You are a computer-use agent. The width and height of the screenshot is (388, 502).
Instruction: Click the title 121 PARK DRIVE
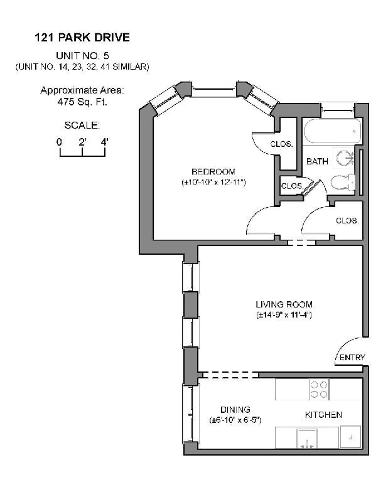[82, 38]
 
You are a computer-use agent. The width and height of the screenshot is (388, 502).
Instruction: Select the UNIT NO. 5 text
[82, 55]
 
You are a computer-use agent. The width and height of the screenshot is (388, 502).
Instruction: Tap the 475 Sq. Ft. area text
[82, 101]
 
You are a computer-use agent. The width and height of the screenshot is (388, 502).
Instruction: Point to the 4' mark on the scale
[104, 142]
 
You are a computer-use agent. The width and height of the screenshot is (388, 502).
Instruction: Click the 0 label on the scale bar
[59, 142]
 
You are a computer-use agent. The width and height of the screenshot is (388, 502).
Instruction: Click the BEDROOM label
[213, 172]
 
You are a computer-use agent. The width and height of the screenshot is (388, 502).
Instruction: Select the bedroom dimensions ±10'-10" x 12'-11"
[213, 182]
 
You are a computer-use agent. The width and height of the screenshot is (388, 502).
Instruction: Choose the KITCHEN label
[323, 415]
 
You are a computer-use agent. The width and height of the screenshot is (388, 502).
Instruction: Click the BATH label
[317, 162]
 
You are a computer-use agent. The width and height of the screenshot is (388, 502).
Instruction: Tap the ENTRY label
[352, 358]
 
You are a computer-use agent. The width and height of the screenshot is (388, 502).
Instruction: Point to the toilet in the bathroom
[342, 183]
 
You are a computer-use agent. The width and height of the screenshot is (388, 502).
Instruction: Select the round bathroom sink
[344, 157]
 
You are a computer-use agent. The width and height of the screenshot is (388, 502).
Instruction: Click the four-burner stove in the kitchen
[320, 390]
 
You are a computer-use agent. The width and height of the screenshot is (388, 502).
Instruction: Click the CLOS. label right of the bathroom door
[347, 221]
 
